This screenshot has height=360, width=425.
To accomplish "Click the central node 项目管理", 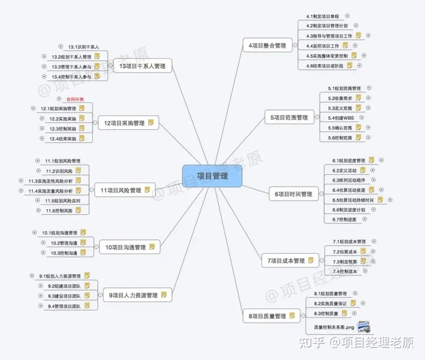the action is point(212,176).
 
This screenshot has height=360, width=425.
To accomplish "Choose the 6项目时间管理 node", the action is point(293,192).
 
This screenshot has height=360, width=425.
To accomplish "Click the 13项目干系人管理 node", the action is point(142,66).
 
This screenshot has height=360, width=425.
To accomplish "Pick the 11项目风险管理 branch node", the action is point(120,190).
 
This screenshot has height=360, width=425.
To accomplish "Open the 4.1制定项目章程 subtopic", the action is point(323,17).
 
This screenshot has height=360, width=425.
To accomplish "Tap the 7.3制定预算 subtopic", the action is point(346,261).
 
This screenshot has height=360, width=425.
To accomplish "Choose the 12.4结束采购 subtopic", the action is point(63,139).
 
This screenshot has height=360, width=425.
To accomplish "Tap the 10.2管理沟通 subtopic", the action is point(64,243).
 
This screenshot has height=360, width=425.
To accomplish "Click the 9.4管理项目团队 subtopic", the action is point(65,306).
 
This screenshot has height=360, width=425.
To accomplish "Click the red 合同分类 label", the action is point(70,99).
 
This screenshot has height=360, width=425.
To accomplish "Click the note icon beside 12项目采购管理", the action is point(151,123).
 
